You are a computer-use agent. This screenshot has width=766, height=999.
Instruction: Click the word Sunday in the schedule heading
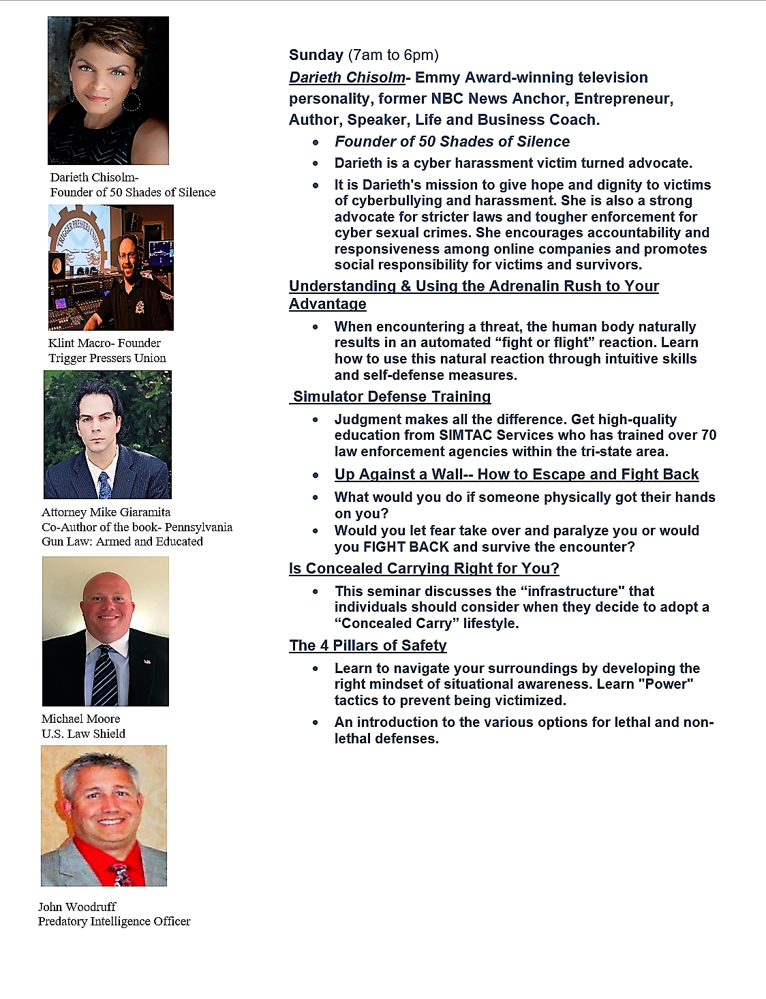pos(316,55)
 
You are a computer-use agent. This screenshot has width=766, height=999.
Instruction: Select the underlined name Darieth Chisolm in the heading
pos(347,78)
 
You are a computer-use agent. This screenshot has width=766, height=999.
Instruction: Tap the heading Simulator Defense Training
pos(392,397)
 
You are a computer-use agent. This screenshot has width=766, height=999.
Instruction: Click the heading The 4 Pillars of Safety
pos(368,646)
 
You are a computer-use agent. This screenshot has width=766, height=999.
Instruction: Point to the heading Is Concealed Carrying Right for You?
pos(424,569)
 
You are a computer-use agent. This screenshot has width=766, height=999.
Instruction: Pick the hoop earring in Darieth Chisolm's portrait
pos(130,102)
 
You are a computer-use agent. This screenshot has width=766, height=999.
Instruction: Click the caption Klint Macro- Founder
pos(104,343)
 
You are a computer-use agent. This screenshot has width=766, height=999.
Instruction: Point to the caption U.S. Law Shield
pos(83,734)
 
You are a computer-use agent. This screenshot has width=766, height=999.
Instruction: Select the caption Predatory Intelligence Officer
pos(114,921)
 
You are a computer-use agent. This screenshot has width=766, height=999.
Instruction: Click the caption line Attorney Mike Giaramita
pos(106,512)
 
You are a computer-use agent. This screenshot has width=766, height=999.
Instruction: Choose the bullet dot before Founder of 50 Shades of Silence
pos(316,143)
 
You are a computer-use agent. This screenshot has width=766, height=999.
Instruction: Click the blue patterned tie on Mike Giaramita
pos(105,486)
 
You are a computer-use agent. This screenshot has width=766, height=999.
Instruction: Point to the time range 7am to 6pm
pos(393,55)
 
